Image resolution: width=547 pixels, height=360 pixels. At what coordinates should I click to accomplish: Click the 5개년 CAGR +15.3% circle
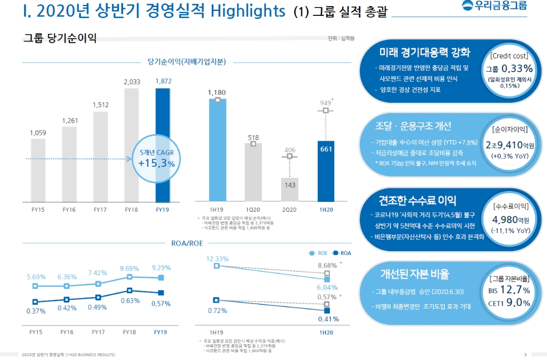pos(156,158)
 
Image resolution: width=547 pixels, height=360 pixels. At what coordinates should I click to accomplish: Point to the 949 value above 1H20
pos(325,102)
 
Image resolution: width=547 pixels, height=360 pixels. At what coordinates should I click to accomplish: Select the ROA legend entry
pos(342,253)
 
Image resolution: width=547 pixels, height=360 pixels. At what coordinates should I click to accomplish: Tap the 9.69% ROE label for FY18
pos(130,268)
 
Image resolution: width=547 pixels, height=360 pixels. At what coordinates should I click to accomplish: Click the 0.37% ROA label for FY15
pos(36,311)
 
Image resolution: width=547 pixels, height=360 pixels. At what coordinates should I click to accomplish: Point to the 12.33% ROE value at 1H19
pos(217,258)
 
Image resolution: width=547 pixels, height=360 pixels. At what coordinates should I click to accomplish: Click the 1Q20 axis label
pos(253,210)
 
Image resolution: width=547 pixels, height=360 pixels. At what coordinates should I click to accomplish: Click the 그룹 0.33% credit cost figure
pos(509,69)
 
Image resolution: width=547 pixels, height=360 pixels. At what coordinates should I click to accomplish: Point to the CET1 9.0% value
pos(509,303)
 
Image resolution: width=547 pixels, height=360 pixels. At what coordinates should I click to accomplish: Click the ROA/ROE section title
pos(187,242)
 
